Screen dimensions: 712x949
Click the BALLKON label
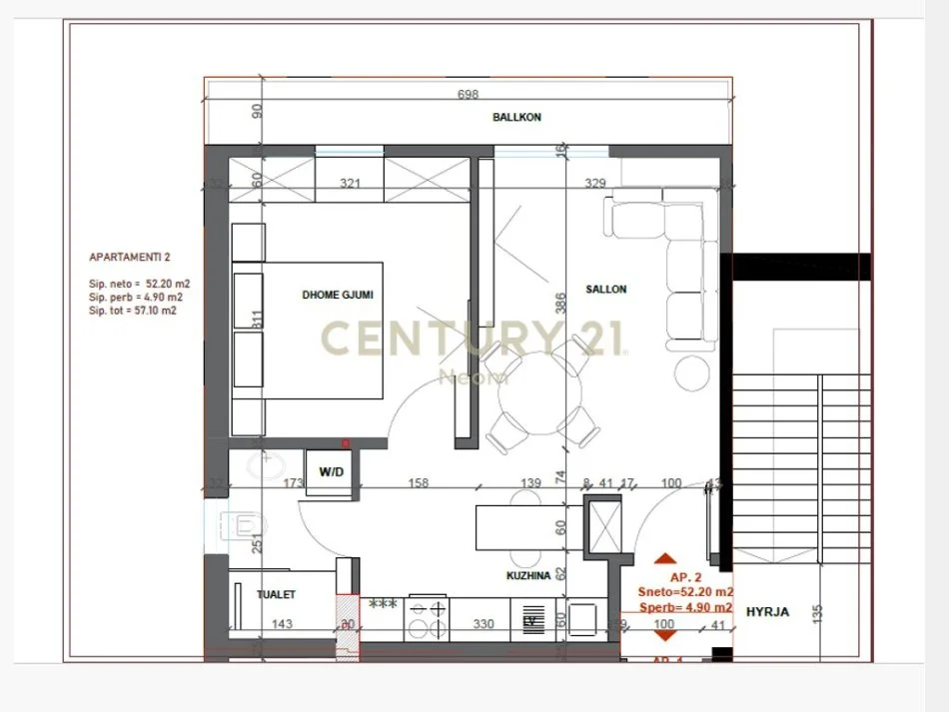[516, 117]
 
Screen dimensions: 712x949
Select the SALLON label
[606, 290]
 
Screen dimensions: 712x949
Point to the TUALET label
[276, 594]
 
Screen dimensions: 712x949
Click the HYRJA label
[767, 612]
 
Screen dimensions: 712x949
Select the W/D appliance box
[330, 471]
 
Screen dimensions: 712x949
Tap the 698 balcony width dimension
[468, 95]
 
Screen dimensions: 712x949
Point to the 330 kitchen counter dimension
[482, 624]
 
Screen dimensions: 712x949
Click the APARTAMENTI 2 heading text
[129, 258]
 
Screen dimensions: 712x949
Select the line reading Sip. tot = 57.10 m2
[132, 311]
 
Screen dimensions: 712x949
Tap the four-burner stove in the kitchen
[429, 616]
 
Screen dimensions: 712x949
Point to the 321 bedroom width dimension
[349, 184]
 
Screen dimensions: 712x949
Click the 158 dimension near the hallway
[419, 483]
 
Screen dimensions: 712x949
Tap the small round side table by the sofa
[691, 372]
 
